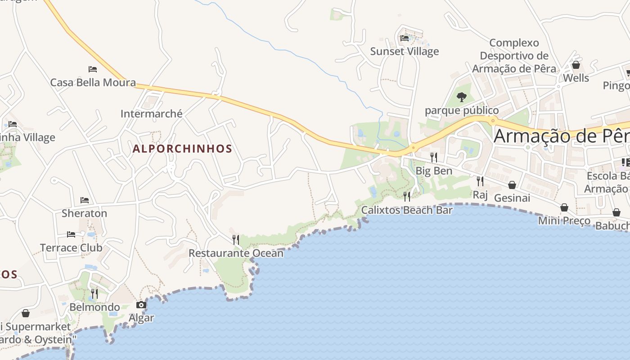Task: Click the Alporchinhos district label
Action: pyautogui.click(x=182, y=148)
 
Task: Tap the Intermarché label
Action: pyautogui.click(x=152, y=113)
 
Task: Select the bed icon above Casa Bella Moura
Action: pyautogui.click(x=93, y=69)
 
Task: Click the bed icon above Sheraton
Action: pyautogui.click(x=84, y=200)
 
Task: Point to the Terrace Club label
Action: pyautogui.click(x=71, y=247)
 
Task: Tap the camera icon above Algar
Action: pyautogui.click(x=141, y=305)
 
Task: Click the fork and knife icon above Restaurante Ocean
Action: pyautogui.click(x=236, y=239)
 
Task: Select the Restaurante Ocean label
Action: pyautogui.click(x=236, y=253)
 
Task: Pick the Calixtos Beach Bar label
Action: pyautogui.click(x=407, y=210)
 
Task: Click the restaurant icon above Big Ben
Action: pyautogui.click(x=434, y=157)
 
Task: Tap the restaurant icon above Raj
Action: pyautogui.click(x=480, y=181)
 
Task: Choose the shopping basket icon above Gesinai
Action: pyautogui.click(x=512, y=185)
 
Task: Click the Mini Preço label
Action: pyautogui.click(x=564, y=220)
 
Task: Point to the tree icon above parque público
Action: pyautogui.click(x=462, y=97)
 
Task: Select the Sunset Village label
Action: pyautogui.click(x=405, y=51)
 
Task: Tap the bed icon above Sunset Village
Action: pyautogui.click(x=405, y=38)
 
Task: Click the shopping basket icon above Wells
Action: pyautogui.click(x=576, y=65)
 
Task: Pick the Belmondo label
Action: pyautogui.click(x=94, y=307)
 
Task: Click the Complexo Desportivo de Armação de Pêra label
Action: pyautogui.click(x=514, y=56)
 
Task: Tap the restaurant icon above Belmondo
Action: pyautogui.click(x=94, y=294)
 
